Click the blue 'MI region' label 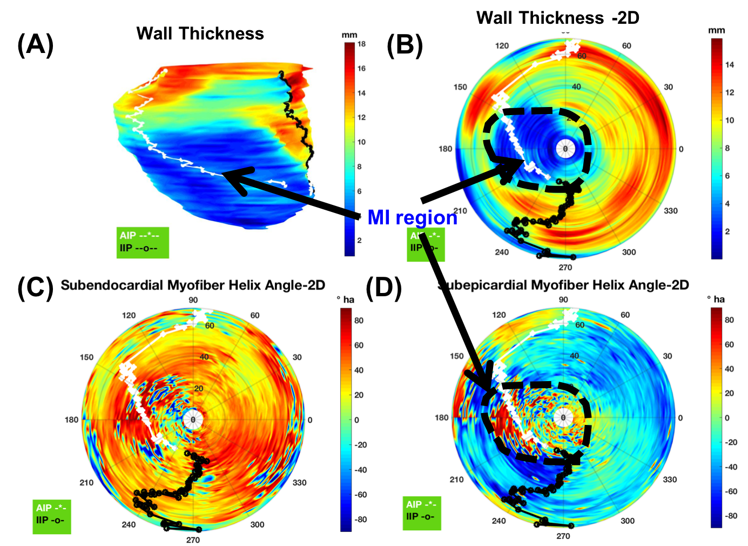click(x=413, y=217)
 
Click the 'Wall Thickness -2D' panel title click(x=557, y=18)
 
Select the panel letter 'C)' click(x=39, y=287)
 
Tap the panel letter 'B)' click(x=409, y=45)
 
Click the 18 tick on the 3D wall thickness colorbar click(x=361, y=44)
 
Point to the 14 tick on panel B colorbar click(x=729, y=65)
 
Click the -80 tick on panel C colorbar click(x=360, y=520)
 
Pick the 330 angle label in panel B click(x=670, y=211)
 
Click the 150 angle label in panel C click(x=86, y=357)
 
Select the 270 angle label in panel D click(x=563, y=536)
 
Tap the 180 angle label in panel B click(x=445, y=149)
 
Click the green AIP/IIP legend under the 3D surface click(x=143, y=242)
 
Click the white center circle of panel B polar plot click(x=565, y=149)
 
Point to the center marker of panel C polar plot click(x=193, y=420)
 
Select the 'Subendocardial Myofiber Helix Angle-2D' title click(x=192, y=285)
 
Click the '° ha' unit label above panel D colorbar click(x=716, y=299)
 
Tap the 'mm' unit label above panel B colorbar click(x=716, y=30)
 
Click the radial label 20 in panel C click(x=199, y=389)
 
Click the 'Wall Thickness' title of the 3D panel click(x=200, y=34)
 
